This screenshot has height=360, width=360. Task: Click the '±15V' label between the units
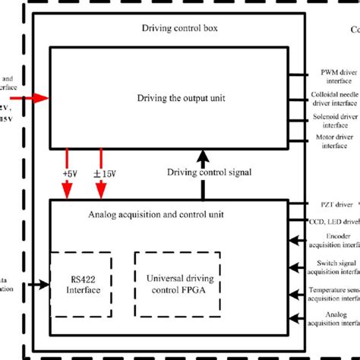104,175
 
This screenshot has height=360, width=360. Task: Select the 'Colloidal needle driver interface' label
334,98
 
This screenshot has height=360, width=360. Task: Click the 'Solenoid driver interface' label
335,121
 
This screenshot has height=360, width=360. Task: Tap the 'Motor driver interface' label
335,142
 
